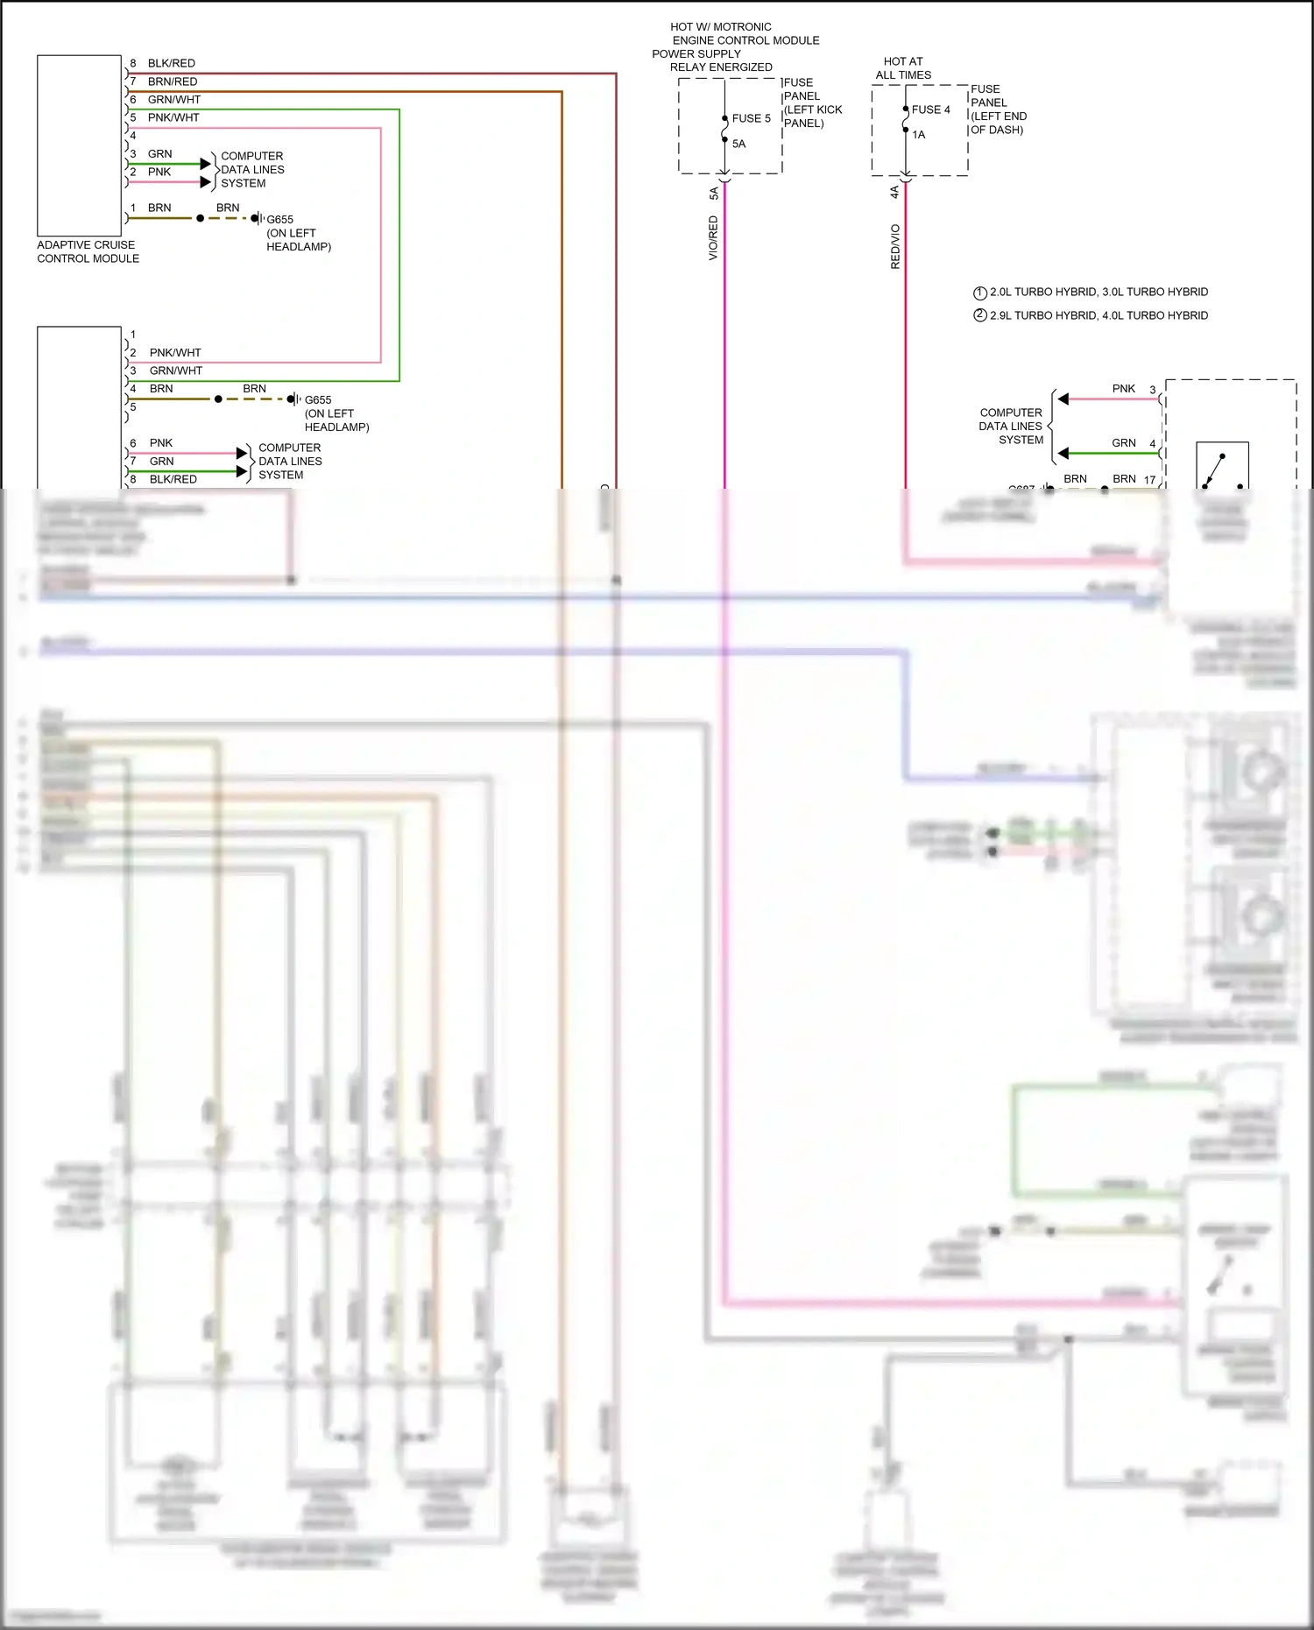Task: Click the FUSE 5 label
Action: tap(751, 118)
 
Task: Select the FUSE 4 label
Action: tap(930, 109)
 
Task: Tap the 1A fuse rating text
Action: tap(918, 135)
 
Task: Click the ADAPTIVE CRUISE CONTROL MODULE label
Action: tap(88, 251)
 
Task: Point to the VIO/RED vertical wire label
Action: tap(713, 238)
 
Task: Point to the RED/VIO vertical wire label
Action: tap(894, 246)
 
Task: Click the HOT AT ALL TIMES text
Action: tap(903, 68)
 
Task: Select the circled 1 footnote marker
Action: tap(980, 293)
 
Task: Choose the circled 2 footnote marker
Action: tap(980, 315)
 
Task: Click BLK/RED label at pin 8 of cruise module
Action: tap(171, 63)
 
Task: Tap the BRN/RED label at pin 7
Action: tap(172, 81)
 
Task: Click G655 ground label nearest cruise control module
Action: tap(279, 220)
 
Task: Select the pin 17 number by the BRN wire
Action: tap(1149, 480)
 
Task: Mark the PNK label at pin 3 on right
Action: tap(1123, 389)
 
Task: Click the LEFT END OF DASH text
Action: tap(998, 123)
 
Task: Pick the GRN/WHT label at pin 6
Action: tap(173, 100)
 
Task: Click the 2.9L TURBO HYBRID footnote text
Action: tap(1099, 315)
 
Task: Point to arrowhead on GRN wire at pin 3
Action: tap(206, 164)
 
